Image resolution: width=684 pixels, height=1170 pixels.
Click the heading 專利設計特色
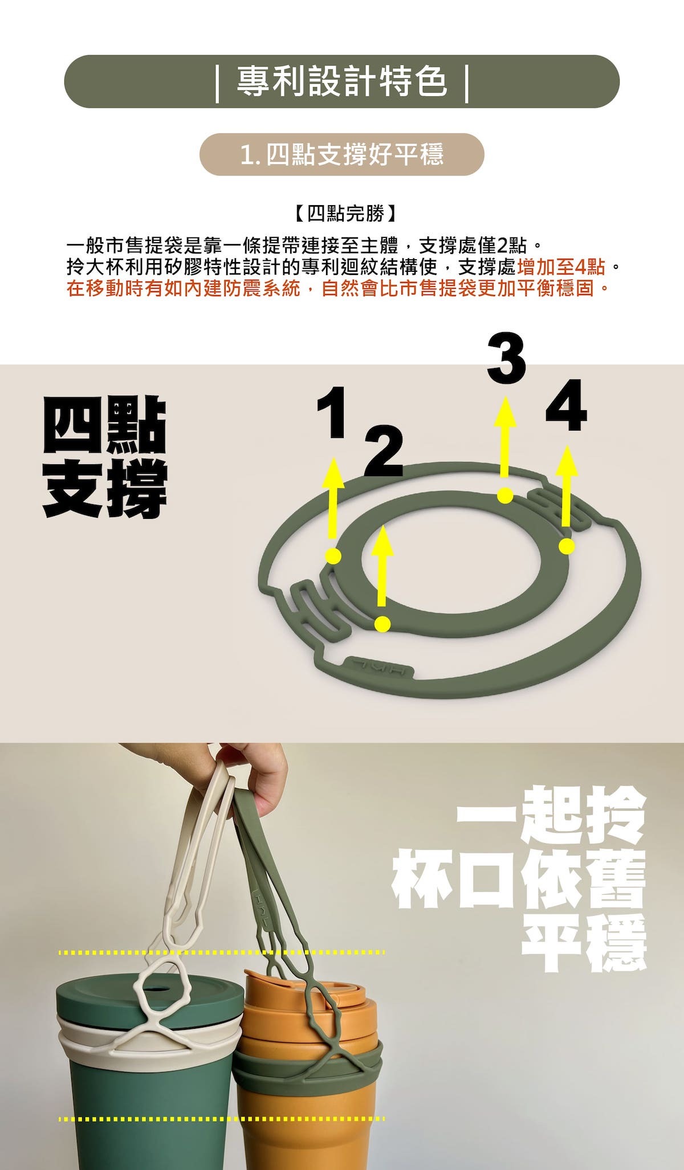pos(342,81)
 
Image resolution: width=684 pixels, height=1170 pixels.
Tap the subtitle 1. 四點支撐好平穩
pos(342,154)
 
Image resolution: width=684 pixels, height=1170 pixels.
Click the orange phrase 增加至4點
pos(561,267)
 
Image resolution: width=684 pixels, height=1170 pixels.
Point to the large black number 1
pos(332,412)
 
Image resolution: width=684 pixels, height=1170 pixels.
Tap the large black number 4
pos(565,407)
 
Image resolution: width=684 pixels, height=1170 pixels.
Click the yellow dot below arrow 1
pos(333,556)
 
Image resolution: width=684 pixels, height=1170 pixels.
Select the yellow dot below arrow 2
pos(383,624)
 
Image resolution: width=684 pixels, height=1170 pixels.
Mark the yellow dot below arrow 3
pos(505,496)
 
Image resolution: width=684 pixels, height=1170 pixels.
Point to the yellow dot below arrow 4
pos(566,546)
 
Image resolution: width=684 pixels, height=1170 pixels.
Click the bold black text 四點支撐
pos(105,457)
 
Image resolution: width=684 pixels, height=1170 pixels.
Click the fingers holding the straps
pos(262,775)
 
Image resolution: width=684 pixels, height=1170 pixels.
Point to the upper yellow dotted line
pos(222,952)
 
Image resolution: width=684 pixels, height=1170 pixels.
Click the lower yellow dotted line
pos(222,1119)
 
